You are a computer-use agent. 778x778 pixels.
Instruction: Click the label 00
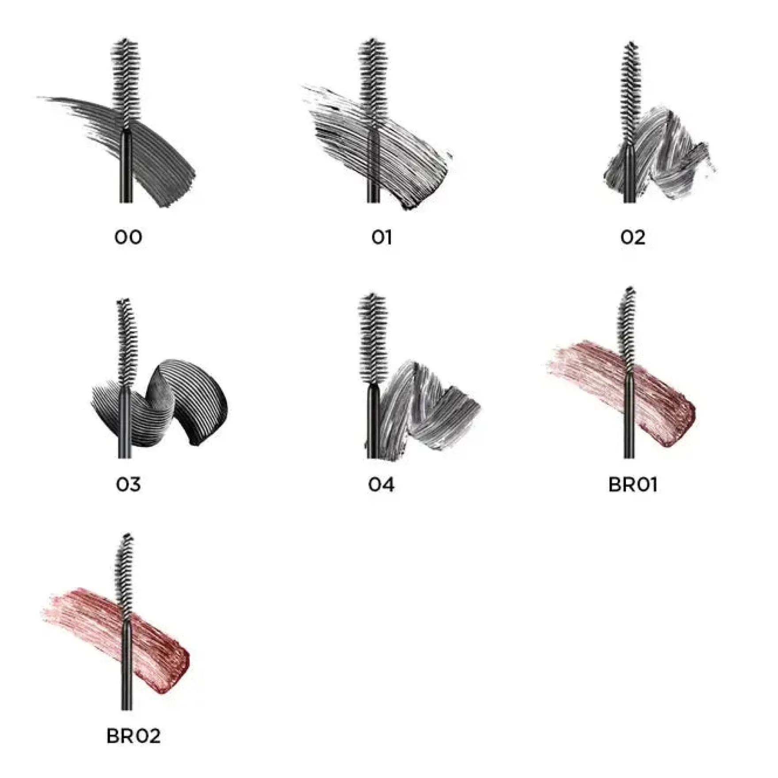coord(128,237)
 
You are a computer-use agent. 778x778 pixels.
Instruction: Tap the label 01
coord(381,237)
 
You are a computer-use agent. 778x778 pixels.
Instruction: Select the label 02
coord(633,237)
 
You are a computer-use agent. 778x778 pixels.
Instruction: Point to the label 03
coord(128,484)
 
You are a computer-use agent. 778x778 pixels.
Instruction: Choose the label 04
coord(381,484)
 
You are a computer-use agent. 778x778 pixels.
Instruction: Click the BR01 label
coord(633,484)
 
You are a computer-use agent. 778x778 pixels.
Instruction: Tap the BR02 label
coord(133,736)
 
